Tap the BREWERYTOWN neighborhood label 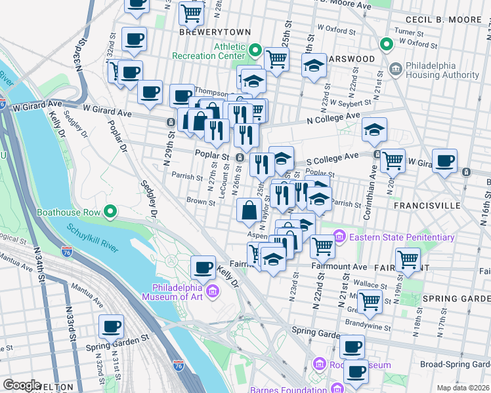206,31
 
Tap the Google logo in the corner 22,386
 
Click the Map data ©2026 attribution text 463,388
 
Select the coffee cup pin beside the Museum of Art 203,267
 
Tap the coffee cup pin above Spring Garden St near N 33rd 111,326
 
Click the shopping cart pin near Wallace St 370,301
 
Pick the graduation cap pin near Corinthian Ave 374,130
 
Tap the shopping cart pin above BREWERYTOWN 191,11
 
